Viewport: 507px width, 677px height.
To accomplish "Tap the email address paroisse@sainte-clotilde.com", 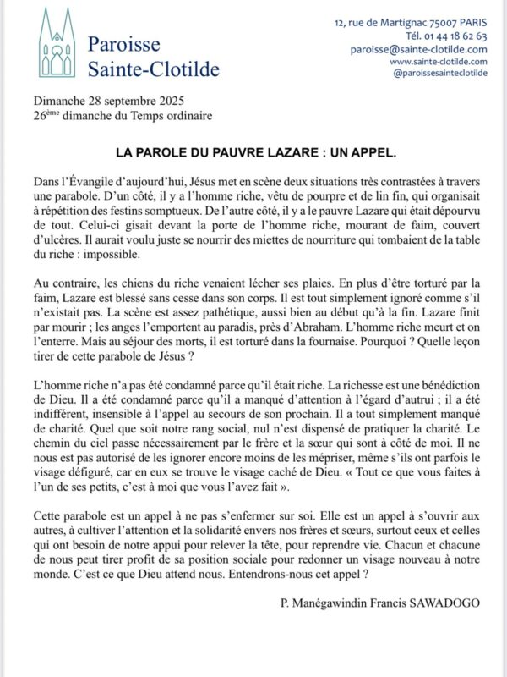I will point(418,49).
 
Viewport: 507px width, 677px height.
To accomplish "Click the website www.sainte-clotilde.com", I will point(438,61).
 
